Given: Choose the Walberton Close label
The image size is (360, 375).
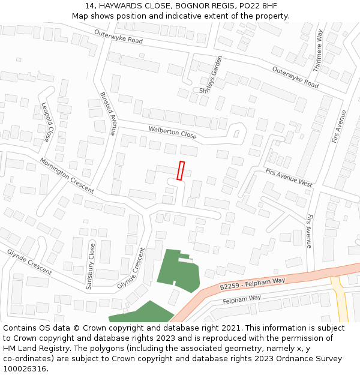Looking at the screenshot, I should [x=172, y=132].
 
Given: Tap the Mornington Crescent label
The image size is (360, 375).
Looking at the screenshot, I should [x=67, y=175].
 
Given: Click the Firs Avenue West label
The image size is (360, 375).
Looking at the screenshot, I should [x=289, y=178].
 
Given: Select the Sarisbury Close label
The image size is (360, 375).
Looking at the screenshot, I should [x=91, y=266].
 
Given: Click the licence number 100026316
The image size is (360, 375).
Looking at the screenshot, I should [x=25, y=368].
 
